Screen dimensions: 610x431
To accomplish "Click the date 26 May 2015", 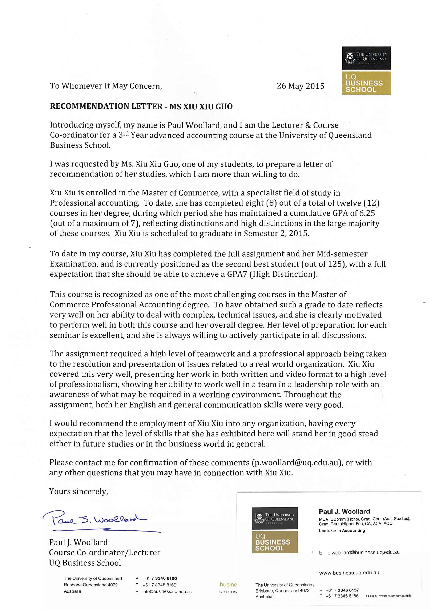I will [300, 86].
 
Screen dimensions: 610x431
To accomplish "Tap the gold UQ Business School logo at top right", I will [366, 83].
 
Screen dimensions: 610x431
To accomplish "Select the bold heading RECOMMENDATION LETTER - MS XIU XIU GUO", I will [141, 107].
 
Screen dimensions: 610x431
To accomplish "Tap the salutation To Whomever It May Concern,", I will [106, 86].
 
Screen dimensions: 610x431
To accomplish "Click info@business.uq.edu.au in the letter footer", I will [167, 591].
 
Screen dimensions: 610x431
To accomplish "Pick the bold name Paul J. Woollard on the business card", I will [344, 511].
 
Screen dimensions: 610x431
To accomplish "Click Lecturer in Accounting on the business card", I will [342, 531].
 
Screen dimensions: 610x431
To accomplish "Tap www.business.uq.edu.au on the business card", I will [349, 573].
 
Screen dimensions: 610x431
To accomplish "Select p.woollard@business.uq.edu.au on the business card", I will [363, 552].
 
